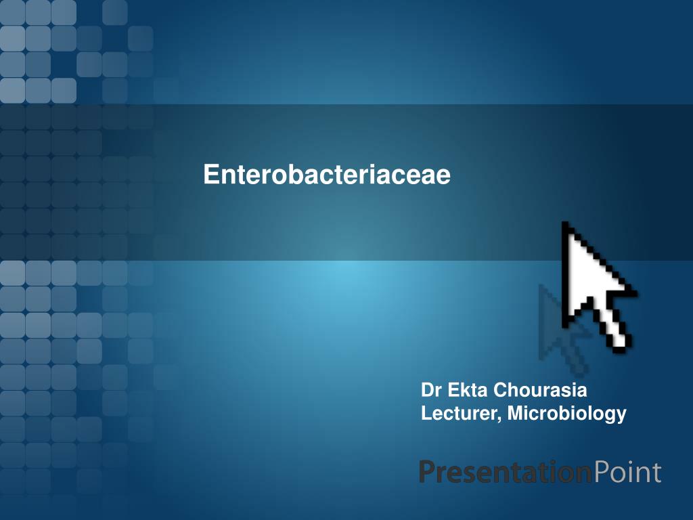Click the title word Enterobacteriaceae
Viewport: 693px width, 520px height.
point(327,175)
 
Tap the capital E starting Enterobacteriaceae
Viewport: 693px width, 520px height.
point(210,175)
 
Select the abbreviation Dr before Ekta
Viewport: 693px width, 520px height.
point(430,391)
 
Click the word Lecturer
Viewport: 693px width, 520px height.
point(459,412)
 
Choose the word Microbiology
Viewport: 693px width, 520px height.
point(567,413)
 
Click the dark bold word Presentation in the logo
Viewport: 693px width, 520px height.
point(505,472)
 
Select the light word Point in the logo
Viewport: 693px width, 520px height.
point(627,472)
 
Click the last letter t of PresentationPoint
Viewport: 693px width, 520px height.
point(656,473)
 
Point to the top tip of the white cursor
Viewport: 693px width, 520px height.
point(566,225)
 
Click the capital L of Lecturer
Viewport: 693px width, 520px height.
point(426,412)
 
